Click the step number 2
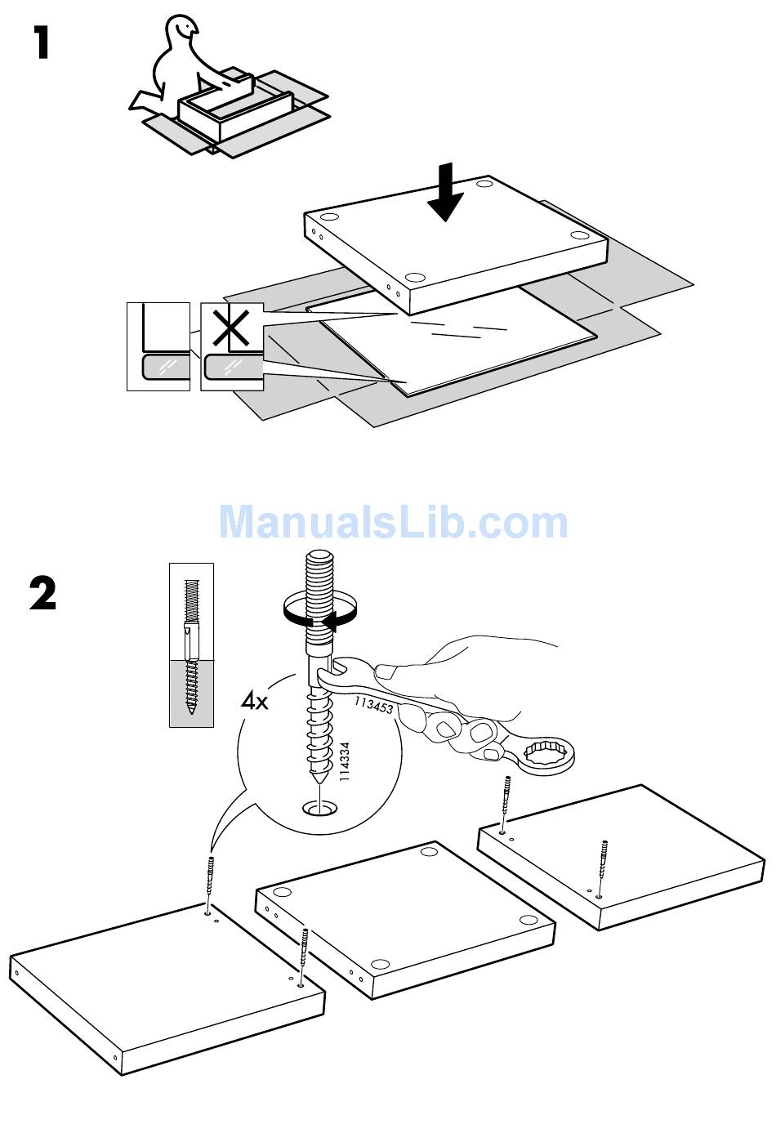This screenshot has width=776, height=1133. [x=42, y=594]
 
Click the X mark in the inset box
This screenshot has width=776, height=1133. [x=232, y=328]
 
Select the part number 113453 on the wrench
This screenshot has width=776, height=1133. [x=374, y=704]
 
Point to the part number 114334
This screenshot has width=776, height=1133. [x=346, y=762]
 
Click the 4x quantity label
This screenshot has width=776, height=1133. [x=254, y=700]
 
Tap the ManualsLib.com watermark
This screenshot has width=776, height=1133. [x=392, y=522]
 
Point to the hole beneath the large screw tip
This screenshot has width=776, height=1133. [x=319, y=809]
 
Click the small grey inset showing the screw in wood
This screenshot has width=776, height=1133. [x=191, y=645]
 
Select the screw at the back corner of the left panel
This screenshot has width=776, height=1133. [x=211, y=882]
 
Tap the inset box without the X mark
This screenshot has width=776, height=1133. [x=159, y=346]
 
